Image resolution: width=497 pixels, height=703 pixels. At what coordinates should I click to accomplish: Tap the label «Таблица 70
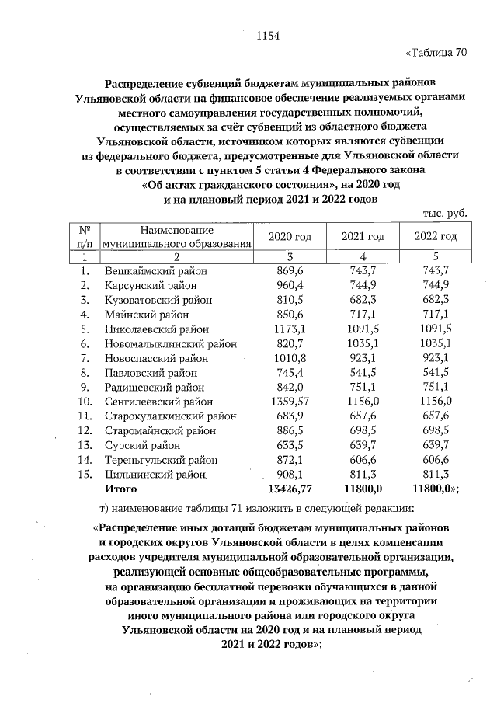tap(438, 54)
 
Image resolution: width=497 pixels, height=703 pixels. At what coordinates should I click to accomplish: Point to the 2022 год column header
tap(435, 236)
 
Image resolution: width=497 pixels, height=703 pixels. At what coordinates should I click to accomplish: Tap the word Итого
tap(121, 489)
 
